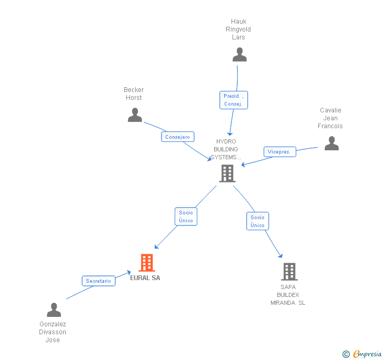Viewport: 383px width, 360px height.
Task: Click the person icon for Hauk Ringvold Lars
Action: [x=239, y=55]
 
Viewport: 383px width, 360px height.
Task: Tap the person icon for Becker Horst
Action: [x=135, y=115]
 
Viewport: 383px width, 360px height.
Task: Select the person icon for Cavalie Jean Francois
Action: [x=331, y=143]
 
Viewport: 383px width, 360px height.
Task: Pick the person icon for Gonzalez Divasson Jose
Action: [x=54, y=310]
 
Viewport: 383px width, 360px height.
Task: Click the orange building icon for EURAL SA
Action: [x=146, y=262]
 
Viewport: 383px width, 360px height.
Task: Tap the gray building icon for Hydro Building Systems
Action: [x=227, y=173]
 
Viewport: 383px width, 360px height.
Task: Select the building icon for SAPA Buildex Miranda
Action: [x=289, y=272]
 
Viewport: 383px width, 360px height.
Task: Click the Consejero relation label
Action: [x=178, y=137]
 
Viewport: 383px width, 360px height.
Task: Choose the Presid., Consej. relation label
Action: [x=233, y=100]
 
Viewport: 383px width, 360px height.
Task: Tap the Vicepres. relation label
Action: [x=279, y=152]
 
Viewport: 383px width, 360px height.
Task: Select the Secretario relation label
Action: [x=98, y=281]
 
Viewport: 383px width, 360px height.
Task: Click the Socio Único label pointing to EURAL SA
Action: [x=186, y=217]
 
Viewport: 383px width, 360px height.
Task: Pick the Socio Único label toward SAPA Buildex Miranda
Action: [x=257, y=221]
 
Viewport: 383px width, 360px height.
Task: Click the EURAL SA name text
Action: [x=145, y=278]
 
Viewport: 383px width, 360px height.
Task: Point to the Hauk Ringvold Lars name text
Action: [x=238, y=29]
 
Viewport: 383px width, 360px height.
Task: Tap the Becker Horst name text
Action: [x=134, y=94]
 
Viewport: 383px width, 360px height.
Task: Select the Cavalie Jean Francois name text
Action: [x=330, y=118]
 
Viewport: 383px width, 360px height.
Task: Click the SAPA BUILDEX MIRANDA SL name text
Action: [x=288, y=295]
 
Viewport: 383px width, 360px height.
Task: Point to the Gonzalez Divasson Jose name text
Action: [x=53, y=332]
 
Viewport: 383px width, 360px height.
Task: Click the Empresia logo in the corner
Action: [x=362, y=354]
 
